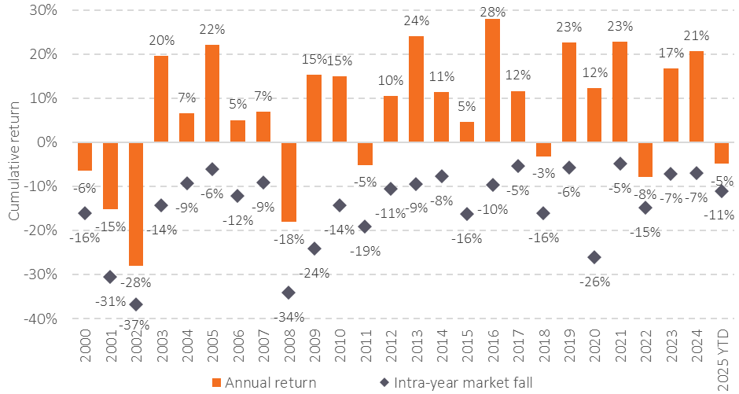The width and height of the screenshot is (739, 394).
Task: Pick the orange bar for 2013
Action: (x=416, y=89)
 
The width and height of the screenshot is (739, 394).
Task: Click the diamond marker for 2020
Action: (x=594, y=257)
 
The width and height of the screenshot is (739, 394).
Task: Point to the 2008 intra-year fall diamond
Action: (x=289, y=293)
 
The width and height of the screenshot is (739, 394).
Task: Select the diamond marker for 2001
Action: (x=111, y=277)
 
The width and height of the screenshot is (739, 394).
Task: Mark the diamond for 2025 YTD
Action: (x=722, y=191)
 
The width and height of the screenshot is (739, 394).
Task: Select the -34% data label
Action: (x=289, y=317)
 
